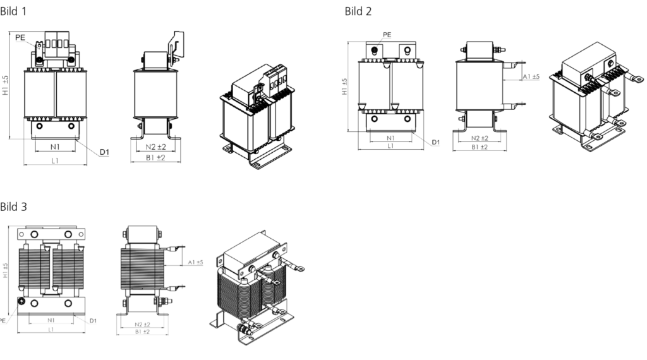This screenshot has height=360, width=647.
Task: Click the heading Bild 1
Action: (13, 11)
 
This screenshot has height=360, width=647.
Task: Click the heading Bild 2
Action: (358, 11)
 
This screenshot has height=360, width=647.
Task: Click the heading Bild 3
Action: (13, 207)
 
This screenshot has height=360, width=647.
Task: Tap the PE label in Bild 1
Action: (20, 37)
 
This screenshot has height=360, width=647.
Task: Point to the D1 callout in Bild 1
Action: (104, 152)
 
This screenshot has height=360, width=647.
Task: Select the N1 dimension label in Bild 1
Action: (55, 147)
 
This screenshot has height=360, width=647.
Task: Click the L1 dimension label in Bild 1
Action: (55, 161)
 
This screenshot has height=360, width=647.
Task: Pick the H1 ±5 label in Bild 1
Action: (5, 85)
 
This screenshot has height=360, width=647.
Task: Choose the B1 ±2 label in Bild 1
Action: (155, 157)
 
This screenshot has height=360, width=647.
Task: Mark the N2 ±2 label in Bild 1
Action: (155, 147)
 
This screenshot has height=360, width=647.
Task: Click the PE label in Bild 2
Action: (387, 35)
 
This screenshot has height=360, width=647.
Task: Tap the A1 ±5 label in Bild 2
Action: (531, 76)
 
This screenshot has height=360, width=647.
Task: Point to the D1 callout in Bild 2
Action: (436, 142)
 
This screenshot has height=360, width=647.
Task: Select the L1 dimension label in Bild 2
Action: (390, 146)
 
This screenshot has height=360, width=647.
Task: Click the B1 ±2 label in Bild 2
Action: (480, 147)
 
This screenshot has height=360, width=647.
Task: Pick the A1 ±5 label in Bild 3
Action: (196, 262)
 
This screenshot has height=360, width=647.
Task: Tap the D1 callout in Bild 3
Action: (93, 321)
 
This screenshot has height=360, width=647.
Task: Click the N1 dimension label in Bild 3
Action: (51, 320)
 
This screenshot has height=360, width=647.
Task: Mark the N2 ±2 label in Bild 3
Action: (142, 325)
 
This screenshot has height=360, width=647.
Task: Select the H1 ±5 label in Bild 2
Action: (345, 87)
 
